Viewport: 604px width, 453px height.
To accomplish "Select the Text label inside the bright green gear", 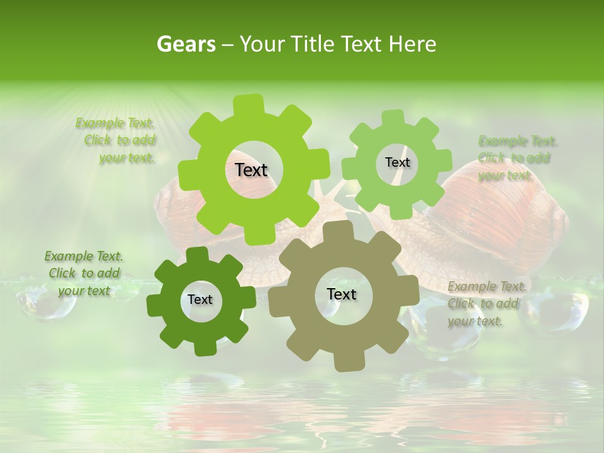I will [x=251, y=170].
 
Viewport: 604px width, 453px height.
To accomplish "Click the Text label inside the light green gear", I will [x=397, y=162].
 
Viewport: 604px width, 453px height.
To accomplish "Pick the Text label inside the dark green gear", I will [x=199, y=300].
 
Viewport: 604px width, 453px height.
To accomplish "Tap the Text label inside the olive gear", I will [x=342, y=294].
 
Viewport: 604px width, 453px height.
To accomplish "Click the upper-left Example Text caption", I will [x=116, y=140].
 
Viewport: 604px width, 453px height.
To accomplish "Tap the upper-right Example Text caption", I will [x=517, y=158].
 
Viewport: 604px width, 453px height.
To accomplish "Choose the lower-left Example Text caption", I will [x=84, y=273].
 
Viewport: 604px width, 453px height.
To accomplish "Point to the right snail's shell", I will [x=503, y=208].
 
